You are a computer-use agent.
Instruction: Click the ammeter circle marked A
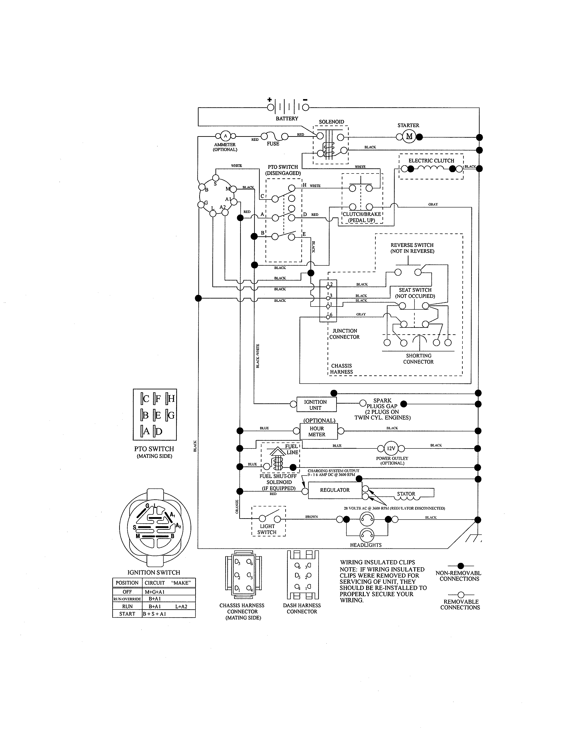225,136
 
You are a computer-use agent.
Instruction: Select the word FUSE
273,144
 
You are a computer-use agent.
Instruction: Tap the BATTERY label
287,118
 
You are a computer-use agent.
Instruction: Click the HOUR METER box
317,431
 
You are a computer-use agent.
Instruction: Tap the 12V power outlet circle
391,448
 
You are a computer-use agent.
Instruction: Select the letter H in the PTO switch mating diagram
171,399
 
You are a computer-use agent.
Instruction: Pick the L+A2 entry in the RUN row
181,606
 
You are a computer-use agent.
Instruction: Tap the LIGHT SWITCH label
267,529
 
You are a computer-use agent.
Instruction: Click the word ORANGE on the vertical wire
237,507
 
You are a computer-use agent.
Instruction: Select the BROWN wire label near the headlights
311,517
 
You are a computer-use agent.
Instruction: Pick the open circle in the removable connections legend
461,595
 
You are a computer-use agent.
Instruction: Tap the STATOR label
406,494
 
